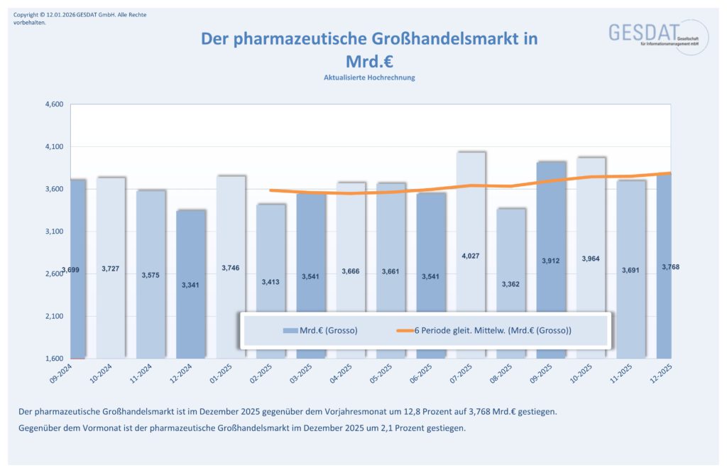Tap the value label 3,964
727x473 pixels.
coord(591,259)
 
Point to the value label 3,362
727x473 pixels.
coord(511,284)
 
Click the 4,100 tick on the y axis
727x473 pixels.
coord(54,147)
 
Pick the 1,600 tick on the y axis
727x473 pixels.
coord(54,359)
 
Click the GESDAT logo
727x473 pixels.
coord(647,36)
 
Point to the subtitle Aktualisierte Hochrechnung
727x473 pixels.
coord(369,77)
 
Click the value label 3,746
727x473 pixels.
coord(231,268)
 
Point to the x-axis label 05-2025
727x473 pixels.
coord(382,374)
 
